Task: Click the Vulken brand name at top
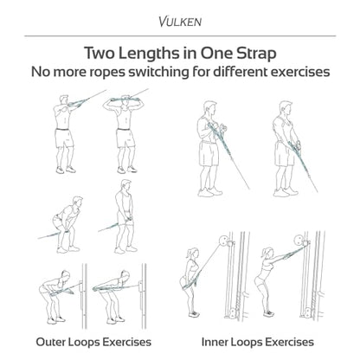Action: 180,22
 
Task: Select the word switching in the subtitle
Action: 158,72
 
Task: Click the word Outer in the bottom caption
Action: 51,342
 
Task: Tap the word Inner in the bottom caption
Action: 215,342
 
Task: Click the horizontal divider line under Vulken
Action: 180,36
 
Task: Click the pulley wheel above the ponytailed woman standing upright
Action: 223,241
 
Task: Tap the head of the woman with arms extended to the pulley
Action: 268,253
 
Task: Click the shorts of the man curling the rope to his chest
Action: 209,153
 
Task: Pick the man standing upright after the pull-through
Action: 125,216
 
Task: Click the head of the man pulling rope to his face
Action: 65,100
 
